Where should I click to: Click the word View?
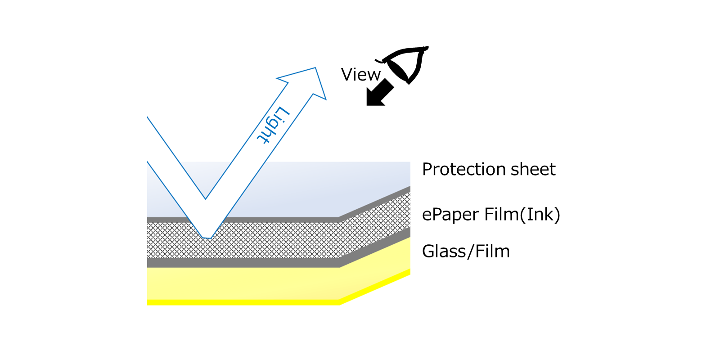360,75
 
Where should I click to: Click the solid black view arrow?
380,92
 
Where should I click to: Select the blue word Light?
273,125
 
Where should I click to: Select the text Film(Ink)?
522,214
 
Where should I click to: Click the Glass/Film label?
466,252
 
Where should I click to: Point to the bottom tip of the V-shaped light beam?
207,238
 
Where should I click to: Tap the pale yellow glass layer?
257,283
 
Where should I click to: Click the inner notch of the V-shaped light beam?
206,199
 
